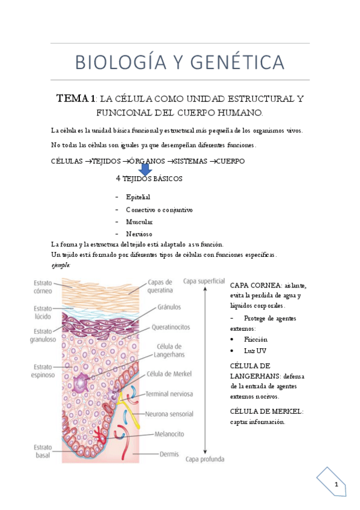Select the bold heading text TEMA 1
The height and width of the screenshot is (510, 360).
(x=76, y=99)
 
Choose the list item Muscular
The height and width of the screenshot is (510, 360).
(x=139, y=221)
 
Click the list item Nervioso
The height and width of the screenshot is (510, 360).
(x=139, y=233)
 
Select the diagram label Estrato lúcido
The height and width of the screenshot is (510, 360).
(x=43, y=312)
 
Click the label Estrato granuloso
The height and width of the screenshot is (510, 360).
(x=43, y=335)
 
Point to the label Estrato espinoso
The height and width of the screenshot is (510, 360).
(x=43, y=370)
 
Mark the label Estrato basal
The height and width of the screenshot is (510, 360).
(x=43, y=452)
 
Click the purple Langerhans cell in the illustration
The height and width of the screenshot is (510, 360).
(x=82, y=381)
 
